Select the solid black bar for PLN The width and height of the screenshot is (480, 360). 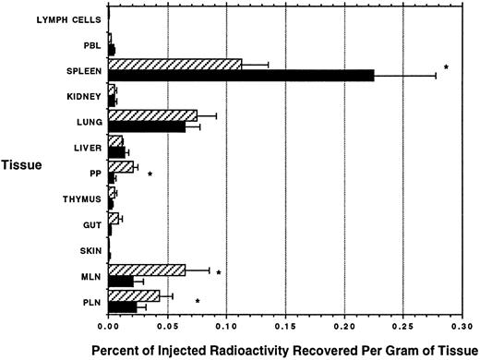(x=122, y=306)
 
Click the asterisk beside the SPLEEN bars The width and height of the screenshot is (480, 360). (x=446, y=68)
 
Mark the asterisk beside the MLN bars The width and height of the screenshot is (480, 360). (x=219, y=274)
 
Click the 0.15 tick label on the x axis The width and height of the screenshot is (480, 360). (x=285, y=327)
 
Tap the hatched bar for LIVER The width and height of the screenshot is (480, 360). (x=115, y=140)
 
